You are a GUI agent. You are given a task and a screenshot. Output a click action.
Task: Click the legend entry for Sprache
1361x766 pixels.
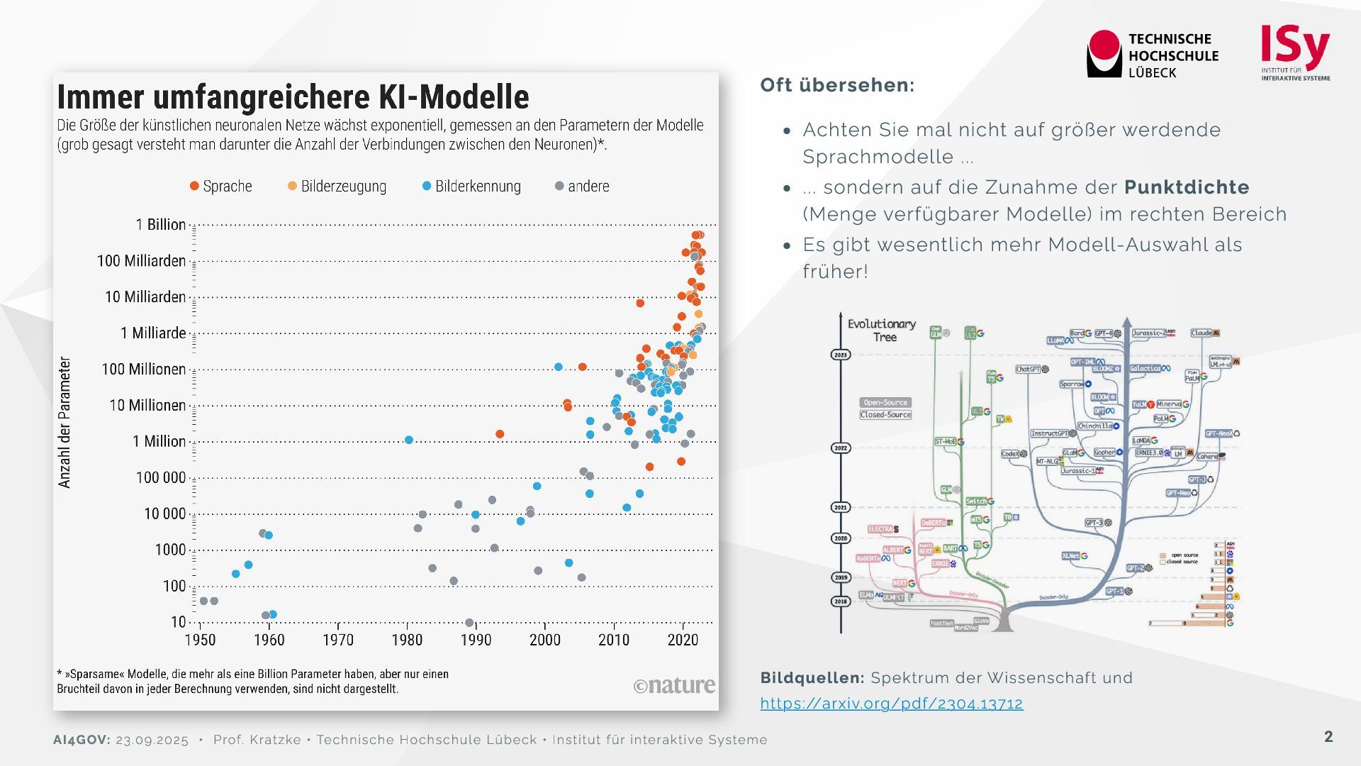[220, 186]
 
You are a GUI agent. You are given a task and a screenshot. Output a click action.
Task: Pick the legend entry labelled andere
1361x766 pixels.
[582, 186]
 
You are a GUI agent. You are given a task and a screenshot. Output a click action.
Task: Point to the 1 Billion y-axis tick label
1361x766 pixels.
[161, 225]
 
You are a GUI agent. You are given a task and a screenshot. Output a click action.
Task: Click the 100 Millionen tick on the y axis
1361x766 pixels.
[144, 370]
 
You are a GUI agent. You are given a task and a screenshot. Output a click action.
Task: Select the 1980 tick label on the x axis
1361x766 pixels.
[407, 640]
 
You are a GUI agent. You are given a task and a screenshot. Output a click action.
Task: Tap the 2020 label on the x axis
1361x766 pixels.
[683, 640]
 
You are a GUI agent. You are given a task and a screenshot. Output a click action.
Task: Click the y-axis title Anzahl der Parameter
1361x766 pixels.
[65, 422]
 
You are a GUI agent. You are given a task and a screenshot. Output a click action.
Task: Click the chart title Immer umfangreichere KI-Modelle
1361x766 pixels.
[293, 97]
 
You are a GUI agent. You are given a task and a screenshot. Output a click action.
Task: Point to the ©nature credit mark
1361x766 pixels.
[674, 685]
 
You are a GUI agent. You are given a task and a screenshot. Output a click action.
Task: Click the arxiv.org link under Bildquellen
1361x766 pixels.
[892, 704]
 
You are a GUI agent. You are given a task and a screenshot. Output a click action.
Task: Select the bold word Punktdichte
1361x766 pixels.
[1187, 187]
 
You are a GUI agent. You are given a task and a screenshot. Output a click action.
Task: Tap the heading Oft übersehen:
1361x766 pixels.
[837, 85]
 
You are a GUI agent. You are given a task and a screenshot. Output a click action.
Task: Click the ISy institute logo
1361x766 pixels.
[1295, 53]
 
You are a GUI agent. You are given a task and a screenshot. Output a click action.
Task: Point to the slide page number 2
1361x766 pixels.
[1328, 737]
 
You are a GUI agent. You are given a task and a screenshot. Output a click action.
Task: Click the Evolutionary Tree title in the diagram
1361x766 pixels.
[882, 330]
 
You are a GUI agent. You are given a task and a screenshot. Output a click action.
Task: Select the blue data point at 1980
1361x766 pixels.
[409, 440]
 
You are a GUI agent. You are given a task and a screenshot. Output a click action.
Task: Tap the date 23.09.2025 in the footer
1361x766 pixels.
[152, 740]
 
